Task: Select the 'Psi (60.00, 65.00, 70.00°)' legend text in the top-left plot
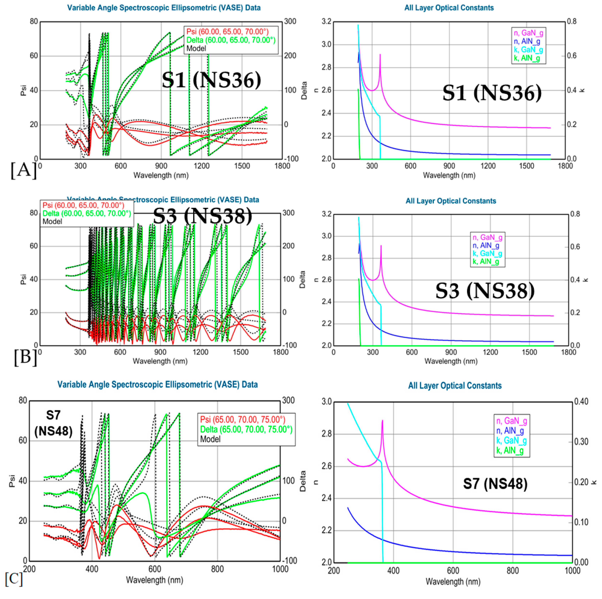(x=227, y=31)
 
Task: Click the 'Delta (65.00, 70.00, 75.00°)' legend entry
(x=246, y=429)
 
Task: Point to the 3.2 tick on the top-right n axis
(x=327, y=21)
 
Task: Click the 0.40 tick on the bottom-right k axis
(x=581, y=402)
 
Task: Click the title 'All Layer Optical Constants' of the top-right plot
(x=449, y=8)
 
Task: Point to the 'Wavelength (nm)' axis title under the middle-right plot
(x=451, y=361)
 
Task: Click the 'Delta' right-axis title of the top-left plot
(x=304, y=90)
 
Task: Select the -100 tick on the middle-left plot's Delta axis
(x=289, y=345)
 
